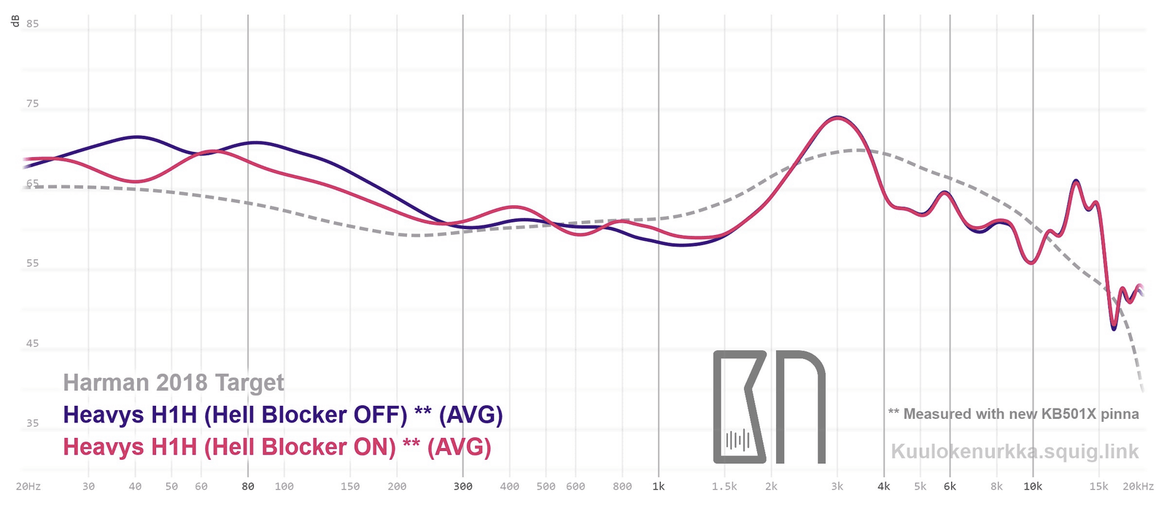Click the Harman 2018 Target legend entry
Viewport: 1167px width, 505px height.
point(174,382)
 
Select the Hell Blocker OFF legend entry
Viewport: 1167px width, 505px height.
point(283,415)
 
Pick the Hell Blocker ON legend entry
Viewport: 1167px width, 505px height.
point(277,447)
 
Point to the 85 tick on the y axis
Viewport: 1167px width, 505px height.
point(32,23)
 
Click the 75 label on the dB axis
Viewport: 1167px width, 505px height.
point(32,104)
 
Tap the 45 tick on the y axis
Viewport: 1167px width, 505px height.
point(32,343)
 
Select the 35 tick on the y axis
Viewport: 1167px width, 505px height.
point(32,423)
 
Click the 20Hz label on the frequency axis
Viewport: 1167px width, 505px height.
point(28,486)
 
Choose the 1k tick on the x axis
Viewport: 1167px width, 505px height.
point(659,486)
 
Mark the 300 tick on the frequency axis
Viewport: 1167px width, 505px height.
point(462,486)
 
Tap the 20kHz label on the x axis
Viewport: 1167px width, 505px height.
point(1138,486)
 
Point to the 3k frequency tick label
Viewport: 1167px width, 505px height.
point(837,486)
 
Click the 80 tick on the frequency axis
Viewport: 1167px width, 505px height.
point(248,486)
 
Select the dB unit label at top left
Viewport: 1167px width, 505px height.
point(15,21)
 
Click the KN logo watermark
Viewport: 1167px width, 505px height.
point(769,406)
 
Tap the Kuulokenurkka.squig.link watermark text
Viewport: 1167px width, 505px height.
point(1015,451)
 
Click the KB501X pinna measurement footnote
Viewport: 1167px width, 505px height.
point(1013,414)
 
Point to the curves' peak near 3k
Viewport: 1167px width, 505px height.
point(837,117)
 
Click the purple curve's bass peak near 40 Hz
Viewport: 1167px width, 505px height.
point(136,136)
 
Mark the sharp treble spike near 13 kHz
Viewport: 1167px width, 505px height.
point(1076,181)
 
